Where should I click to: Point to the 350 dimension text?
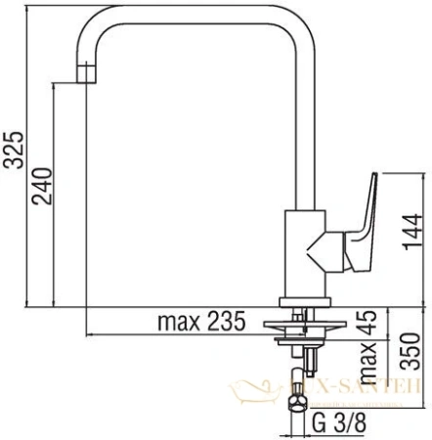[x=411, y=350]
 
